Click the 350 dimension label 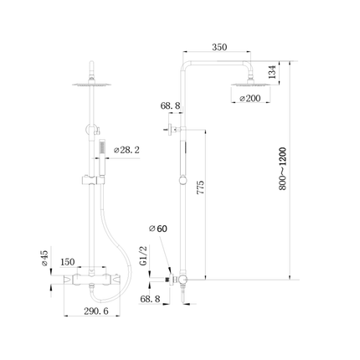219,47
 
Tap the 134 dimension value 272,72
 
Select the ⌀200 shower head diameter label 250,98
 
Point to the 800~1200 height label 283,169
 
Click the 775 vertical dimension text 201,188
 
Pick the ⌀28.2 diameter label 126,150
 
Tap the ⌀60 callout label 158,229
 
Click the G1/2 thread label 143,256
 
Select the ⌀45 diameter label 45,258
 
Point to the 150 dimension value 68,262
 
